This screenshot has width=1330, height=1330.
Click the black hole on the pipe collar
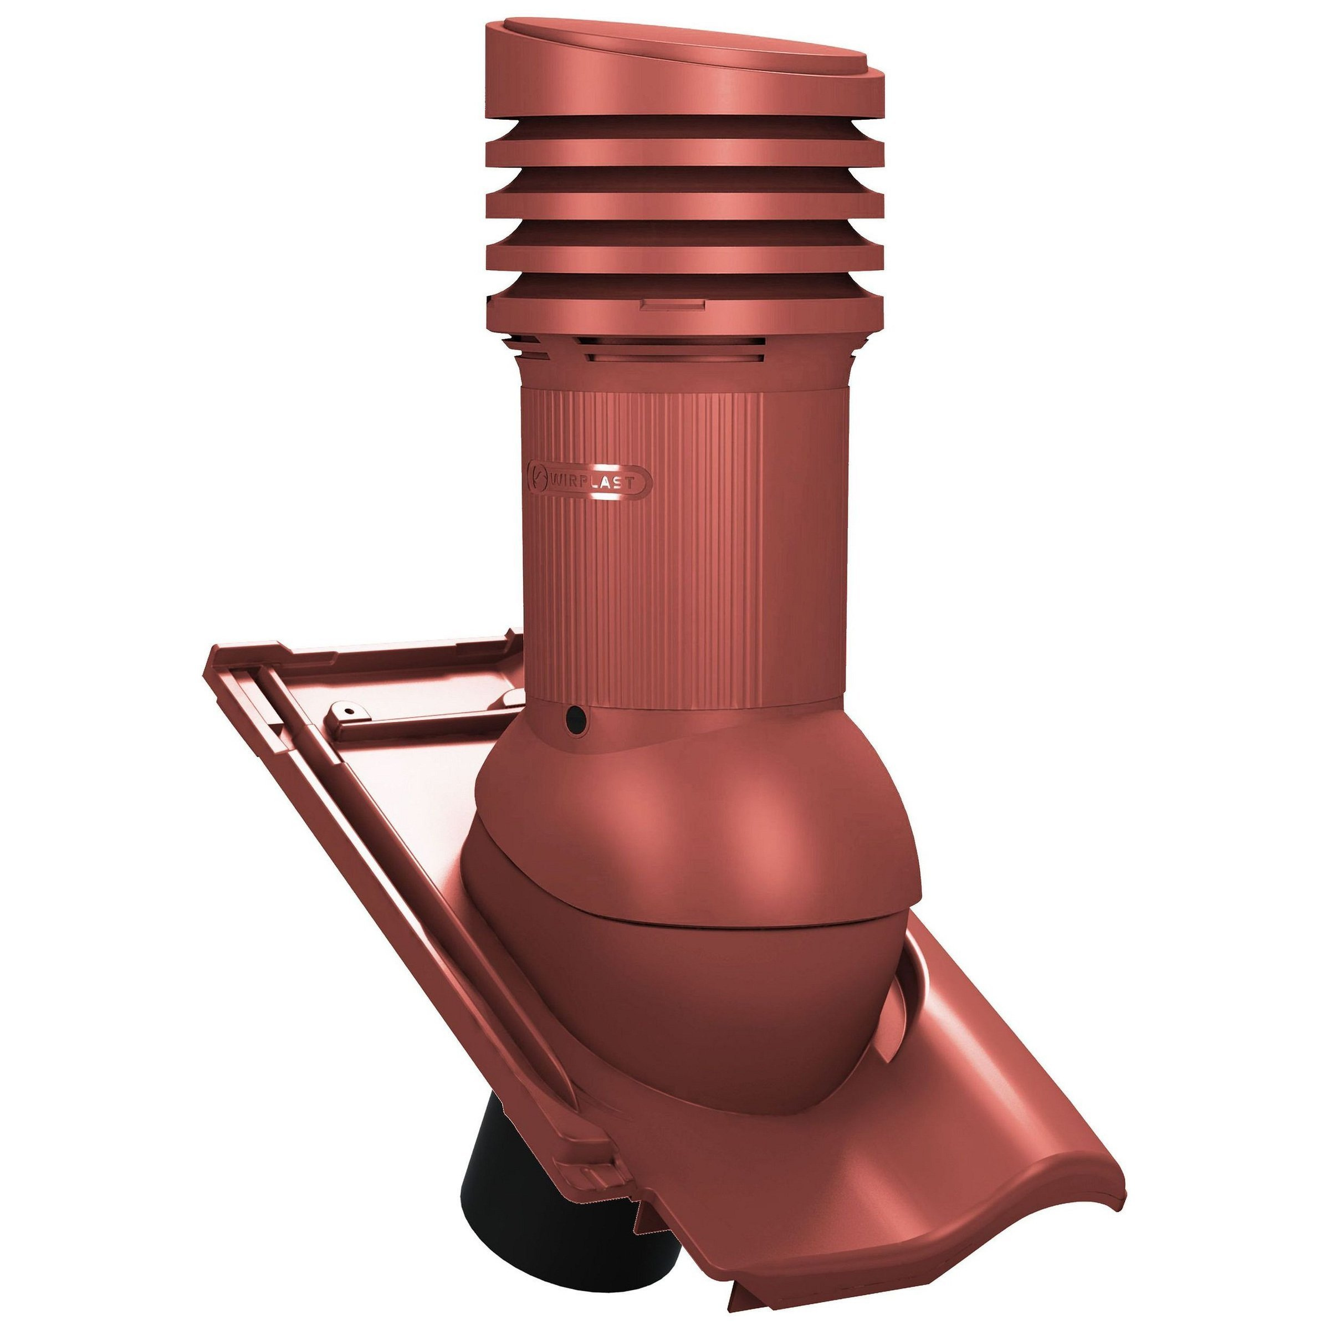(574, 721)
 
